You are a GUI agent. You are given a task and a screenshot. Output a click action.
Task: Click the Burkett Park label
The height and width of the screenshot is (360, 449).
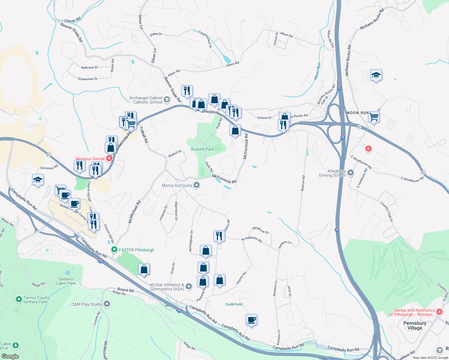point(202,149)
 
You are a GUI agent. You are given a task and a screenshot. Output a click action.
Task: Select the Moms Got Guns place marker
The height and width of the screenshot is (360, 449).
point(197,185)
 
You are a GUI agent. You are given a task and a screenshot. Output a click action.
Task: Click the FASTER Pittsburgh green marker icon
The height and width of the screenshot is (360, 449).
point(114,250)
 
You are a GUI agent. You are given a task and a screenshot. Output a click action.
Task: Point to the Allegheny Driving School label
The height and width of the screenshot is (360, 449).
point(332,173)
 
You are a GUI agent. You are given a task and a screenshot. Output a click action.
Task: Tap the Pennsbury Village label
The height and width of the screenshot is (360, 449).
point(414,325)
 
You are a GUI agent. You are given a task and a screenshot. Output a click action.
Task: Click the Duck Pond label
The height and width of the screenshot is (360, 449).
point(234,304)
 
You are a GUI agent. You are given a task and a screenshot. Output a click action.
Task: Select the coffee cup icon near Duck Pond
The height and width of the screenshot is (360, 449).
point(251,320)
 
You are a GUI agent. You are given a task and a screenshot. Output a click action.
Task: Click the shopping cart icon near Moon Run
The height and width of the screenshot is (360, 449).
point(374,116)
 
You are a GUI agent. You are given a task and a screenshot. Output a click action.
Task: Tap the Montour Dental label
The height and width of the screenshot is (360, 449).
point(90,159)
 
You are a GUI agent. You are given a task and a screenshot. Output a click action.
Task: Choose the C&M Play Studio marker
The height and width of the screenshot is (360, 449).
point(107,304)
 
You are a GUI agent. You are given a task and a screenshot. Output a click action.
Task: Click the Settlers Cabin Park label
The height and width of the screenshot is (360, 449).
point(66,281)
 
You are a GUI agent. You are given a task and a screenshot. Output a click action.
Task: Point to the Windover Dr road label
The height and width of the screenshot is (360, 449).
point(261,230)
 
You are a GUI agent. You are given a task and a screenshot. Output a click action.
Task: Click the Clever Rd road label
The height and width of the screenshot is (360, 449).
point(73,20)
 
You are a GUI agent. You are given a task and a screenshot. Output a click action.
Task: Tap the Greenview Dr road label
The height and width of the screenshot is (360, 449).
point(88,79)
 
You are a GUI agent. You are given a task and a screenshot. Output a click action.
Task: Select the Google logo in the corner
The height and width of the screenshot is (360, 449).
point(10,356)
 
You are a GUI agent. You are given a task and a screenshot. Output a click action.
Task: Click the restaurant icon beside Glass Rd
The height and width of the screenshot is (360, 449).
point(219,236)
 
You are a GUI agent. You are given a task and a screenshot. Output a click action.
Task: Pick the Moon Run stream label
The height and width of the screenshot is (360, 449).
point(317,71)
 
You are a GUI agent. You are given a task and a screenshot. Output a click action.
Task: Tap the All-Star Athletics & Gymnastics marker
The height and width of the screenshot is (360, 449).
point(189,286)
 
